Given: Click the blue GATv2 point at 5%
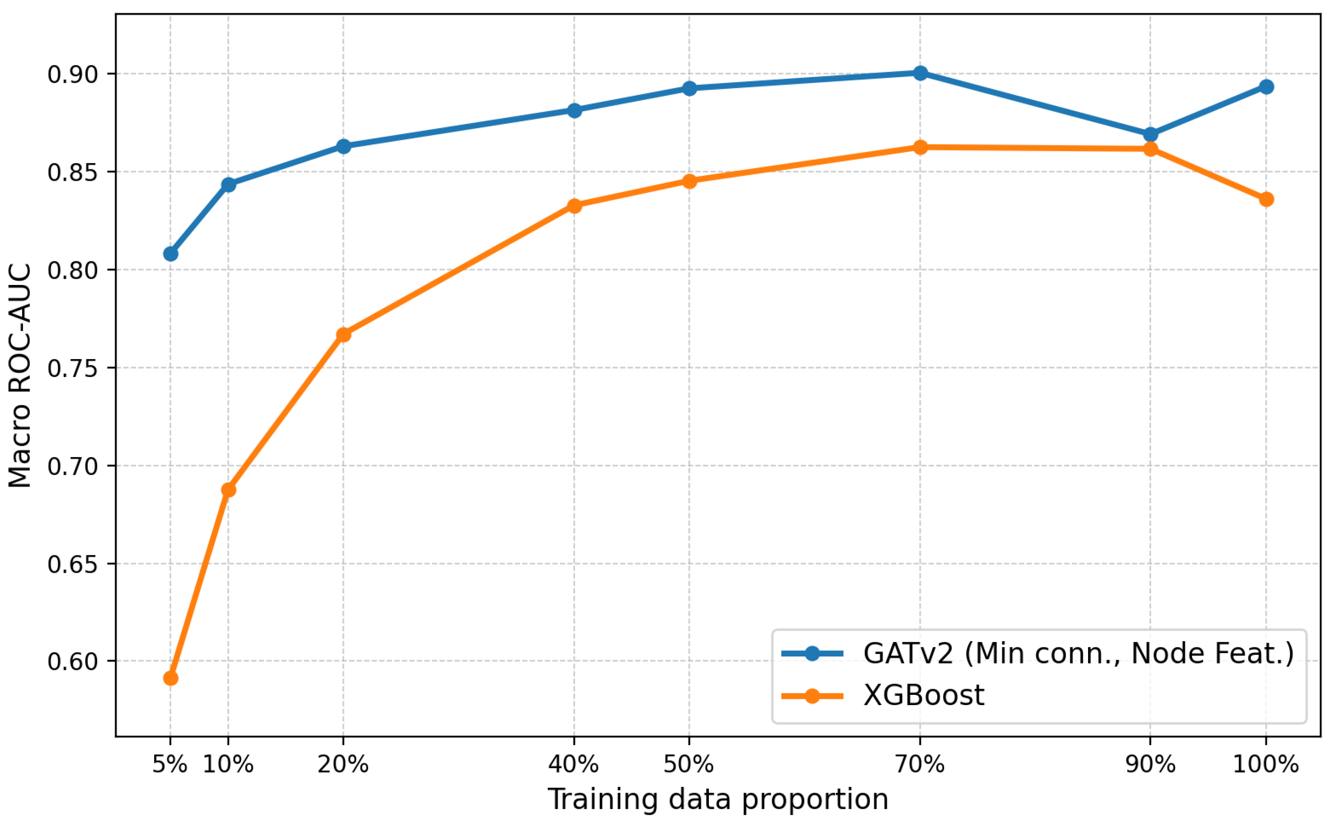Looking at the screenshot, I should (171, 254).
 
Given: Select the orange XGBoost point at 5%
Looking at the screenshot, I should (171, 678).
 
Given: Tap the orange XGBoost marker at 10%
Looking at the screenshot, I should (228, 490).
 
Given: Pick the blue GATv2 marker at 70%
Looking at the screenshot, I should (920, 73).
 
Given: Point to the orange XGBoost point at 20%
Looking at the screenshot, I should (343, 334).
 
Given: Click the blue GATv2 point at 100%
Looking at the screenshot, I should (1266, 87).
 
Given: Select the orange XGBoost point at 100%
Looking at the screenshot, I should (1266, 199).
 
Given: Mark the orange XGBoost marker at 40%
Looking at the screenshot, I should (575, 205).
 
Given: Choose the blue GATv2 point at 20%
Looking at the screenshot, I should (343, 146).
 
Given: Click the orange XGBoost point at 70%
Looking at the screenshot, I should (920, 147).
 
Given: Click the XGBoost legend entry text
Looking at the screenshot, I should (924, 695).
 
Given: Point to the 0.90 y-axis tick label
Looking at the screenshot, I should (73, 75).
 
